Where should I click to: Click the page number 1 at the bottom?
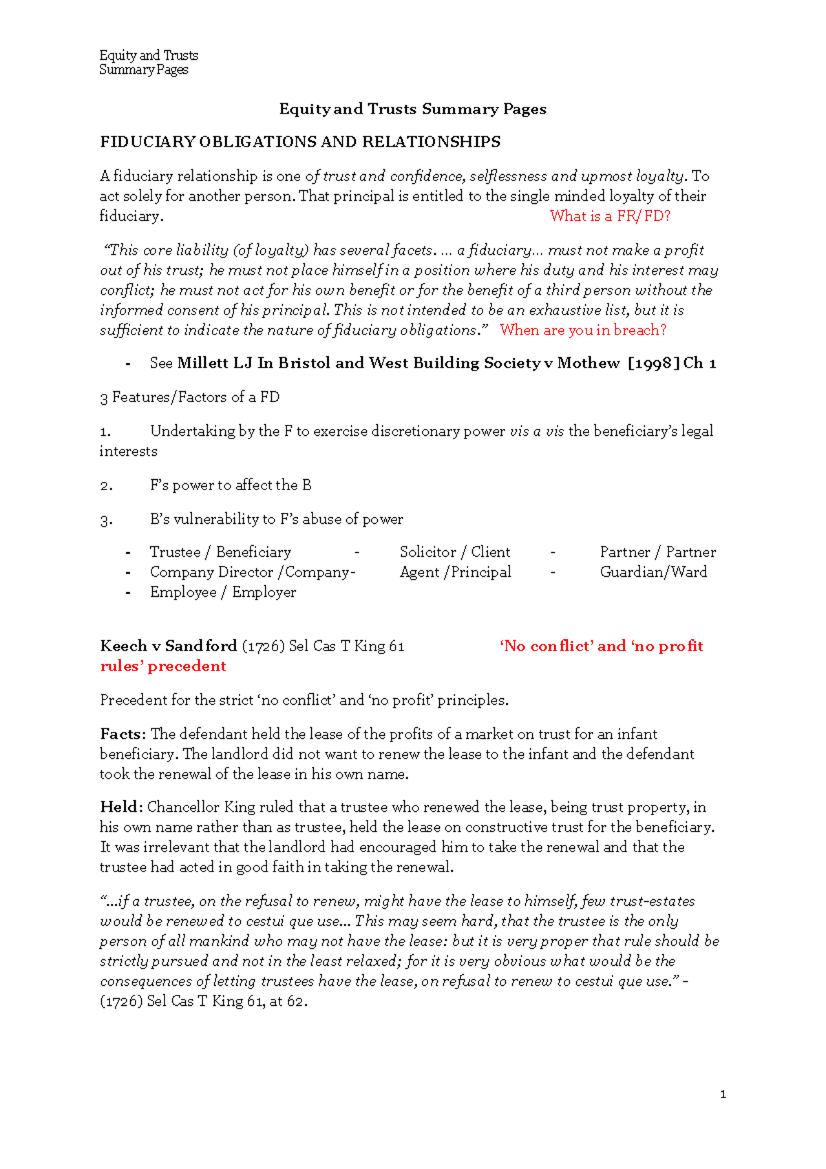click(723, 1094)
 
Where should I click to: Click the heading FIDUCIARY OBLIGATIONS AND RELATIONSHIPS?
click(300, 143)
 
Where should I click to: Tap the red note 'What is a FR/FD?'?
click(610, 216)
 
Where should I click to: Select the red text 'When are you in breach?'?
click(583, 330)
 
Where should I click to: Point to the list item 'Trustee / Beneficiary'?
click(220, 552)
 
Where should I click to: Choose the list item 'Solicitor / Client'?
click(455, 552)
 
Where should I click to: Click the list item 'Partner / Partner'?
click(657, 552)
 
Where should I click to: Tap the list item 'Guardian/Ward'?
click(653, 572)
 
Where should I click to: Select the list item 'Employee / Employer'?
click(223, 592)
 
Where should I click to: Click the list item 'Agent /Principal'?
click(455, 572)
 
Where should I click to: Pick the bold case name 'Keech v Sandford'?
click(169, 646)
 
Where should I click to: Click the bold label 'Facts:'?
click(123, 734)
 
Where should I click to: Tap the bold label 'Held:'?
click(121, 807)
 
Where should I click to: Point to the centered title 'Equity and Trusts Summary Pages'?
click(412, 109)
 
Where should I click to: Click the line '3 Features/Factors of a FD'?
click(189, 397)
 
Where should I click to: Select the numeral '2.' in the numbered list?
click(106, 485)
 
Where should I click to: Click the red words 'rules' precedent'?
click(163, 666)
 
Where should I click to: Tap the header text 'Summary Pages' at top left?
click(143, 70)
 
